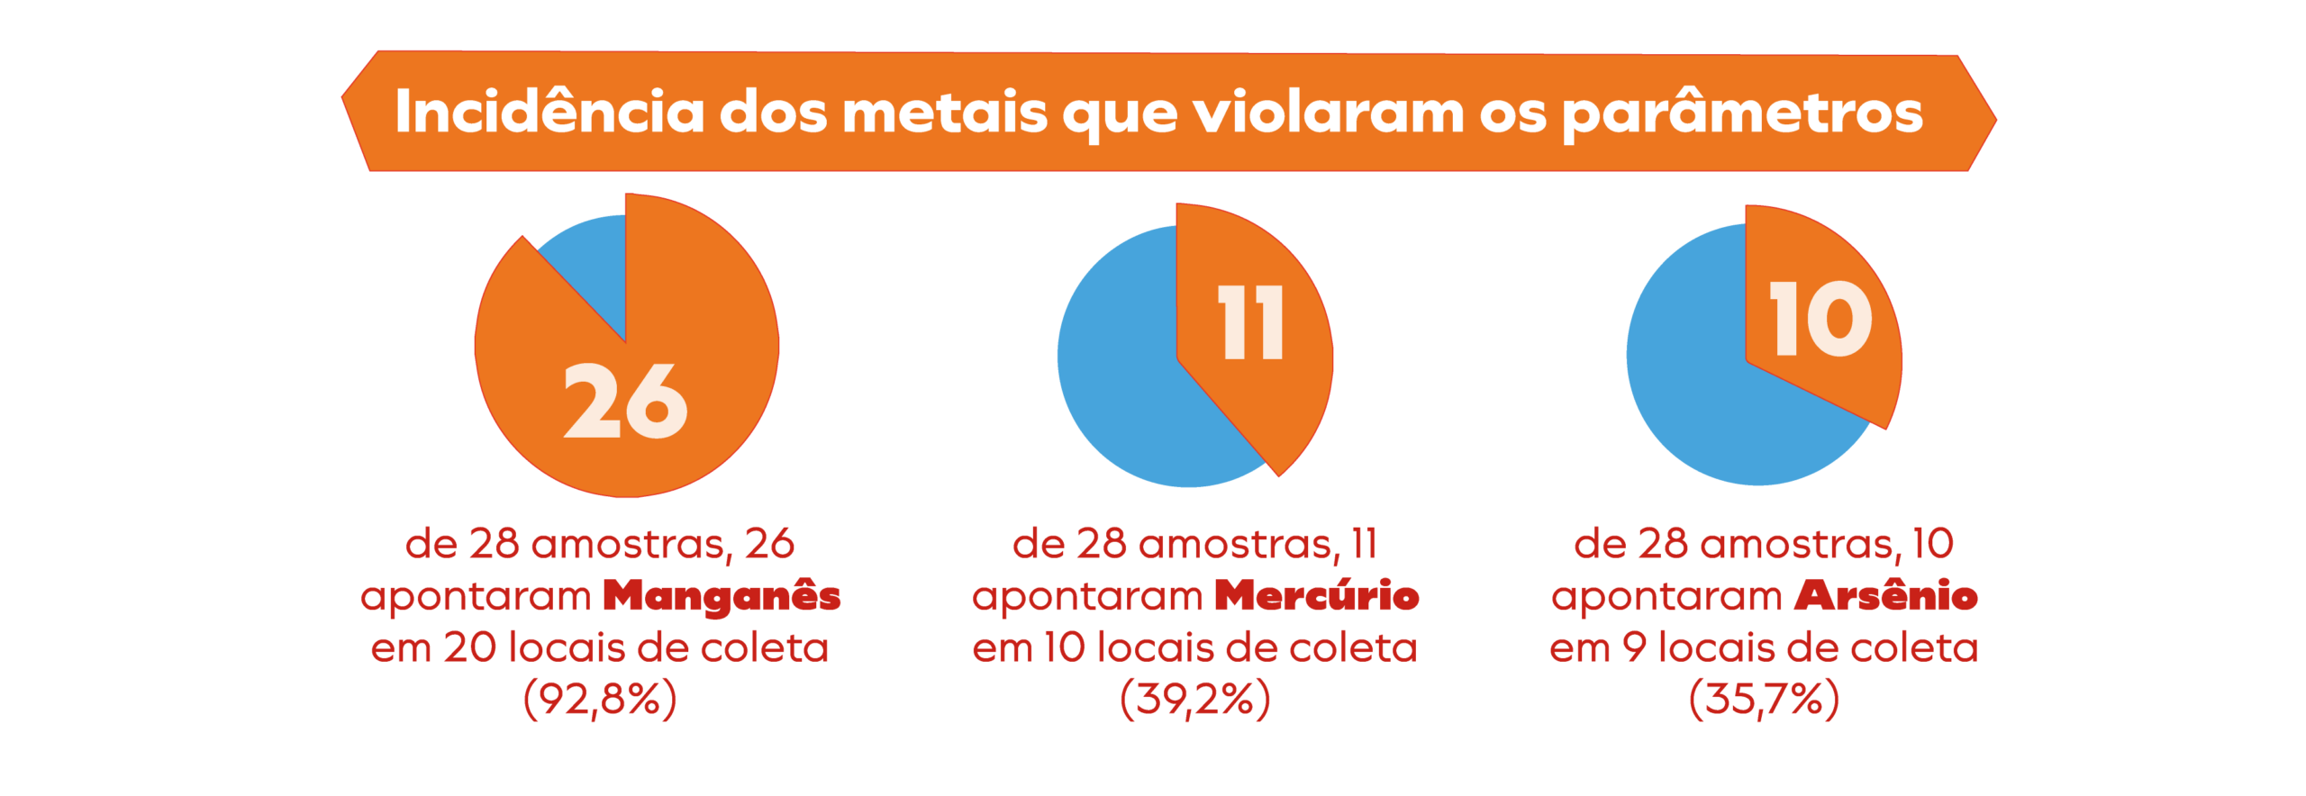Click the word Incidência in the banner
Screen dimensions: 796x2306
(x=549, y=113)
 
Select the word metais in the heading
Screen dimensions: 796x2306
(x=944, y=113)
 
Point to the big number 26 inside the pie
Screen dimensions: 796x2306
(x=625, y=402)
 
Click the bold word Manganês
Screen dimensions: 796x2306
(x=722, y=596)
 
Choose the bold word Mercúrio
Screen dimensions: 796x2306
(x=1316, y=596)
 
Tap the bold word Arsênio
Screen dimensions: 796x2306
(x=1885, y=596)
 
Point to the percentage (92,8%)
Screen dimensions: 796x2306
(x=600, y=700)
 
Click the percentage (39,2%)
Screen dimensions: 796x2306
(x=1194, y=700)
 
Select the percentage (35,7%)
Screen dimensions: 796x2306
(x=1764, y=700)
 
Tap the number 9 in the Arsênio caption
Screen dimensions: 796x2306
(x=1634, y=648)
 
